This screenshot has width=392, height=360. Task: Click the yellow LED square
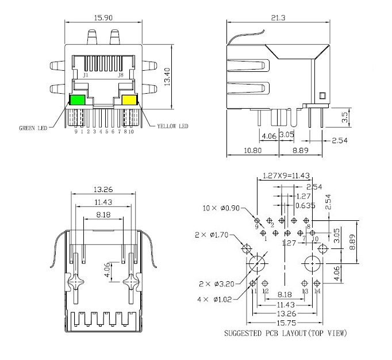tap(129, 100)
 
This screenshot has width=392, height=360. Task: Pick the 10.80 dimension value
tap(253, 151)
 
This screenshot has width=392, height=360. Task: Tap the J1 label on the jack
tap(86, 75)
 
